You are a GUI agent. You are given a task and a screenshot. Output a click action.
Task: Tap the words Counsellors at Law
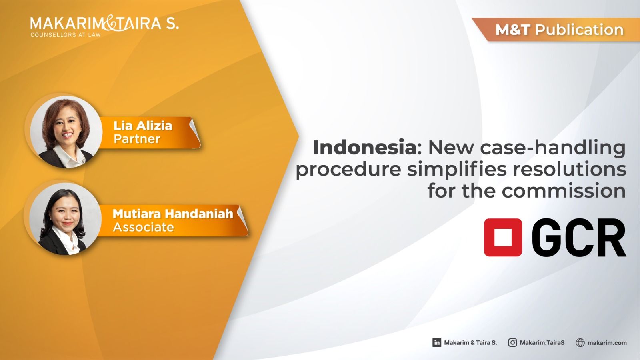coord(66,35)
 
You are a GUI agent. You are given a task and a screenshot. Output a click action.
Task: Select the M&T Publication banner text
coord(560,30)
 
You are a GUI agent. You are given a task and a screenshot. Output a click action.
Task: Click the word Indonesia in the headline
coord(365,148)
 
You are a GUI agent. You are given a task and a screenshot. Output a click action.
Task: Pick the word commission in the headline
coord(564,191)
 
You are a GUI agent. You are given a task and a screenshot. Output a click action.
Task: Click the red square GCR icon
coord(503,237)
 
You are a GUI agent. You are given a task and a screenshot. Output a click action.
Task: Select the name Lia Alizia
coord(143,126)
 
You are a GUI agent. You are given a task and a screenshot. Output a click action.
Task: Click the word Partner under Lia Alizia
coord(137,139)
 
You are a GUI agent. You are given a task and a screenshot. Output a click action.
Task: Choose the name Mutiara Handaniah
coord(173,214)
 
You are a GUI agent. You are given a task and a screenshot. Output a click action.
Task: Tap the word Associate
coord(144,227)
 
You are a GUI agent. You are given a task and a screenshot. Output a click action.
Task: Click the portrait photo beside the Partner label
coord(66,132)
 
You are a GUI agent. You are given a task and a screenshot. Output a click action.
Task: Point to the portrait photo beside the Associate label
coord(66,219)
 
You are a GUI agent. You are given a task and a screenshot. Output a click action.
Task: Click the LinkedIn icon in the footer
coord(436,342)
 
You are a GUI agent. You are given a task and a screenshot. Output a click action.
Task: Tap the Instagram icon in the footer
coord(512,342)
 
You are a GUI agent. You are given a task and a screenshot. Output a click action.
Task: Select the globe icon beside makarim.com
coord(580,342)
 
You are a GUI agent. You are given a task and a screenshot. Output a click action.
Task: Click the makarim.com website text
coord(607,343)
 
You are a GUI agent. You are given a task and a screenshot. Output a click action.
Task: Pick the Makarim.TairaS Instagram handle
coord(542,342)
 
